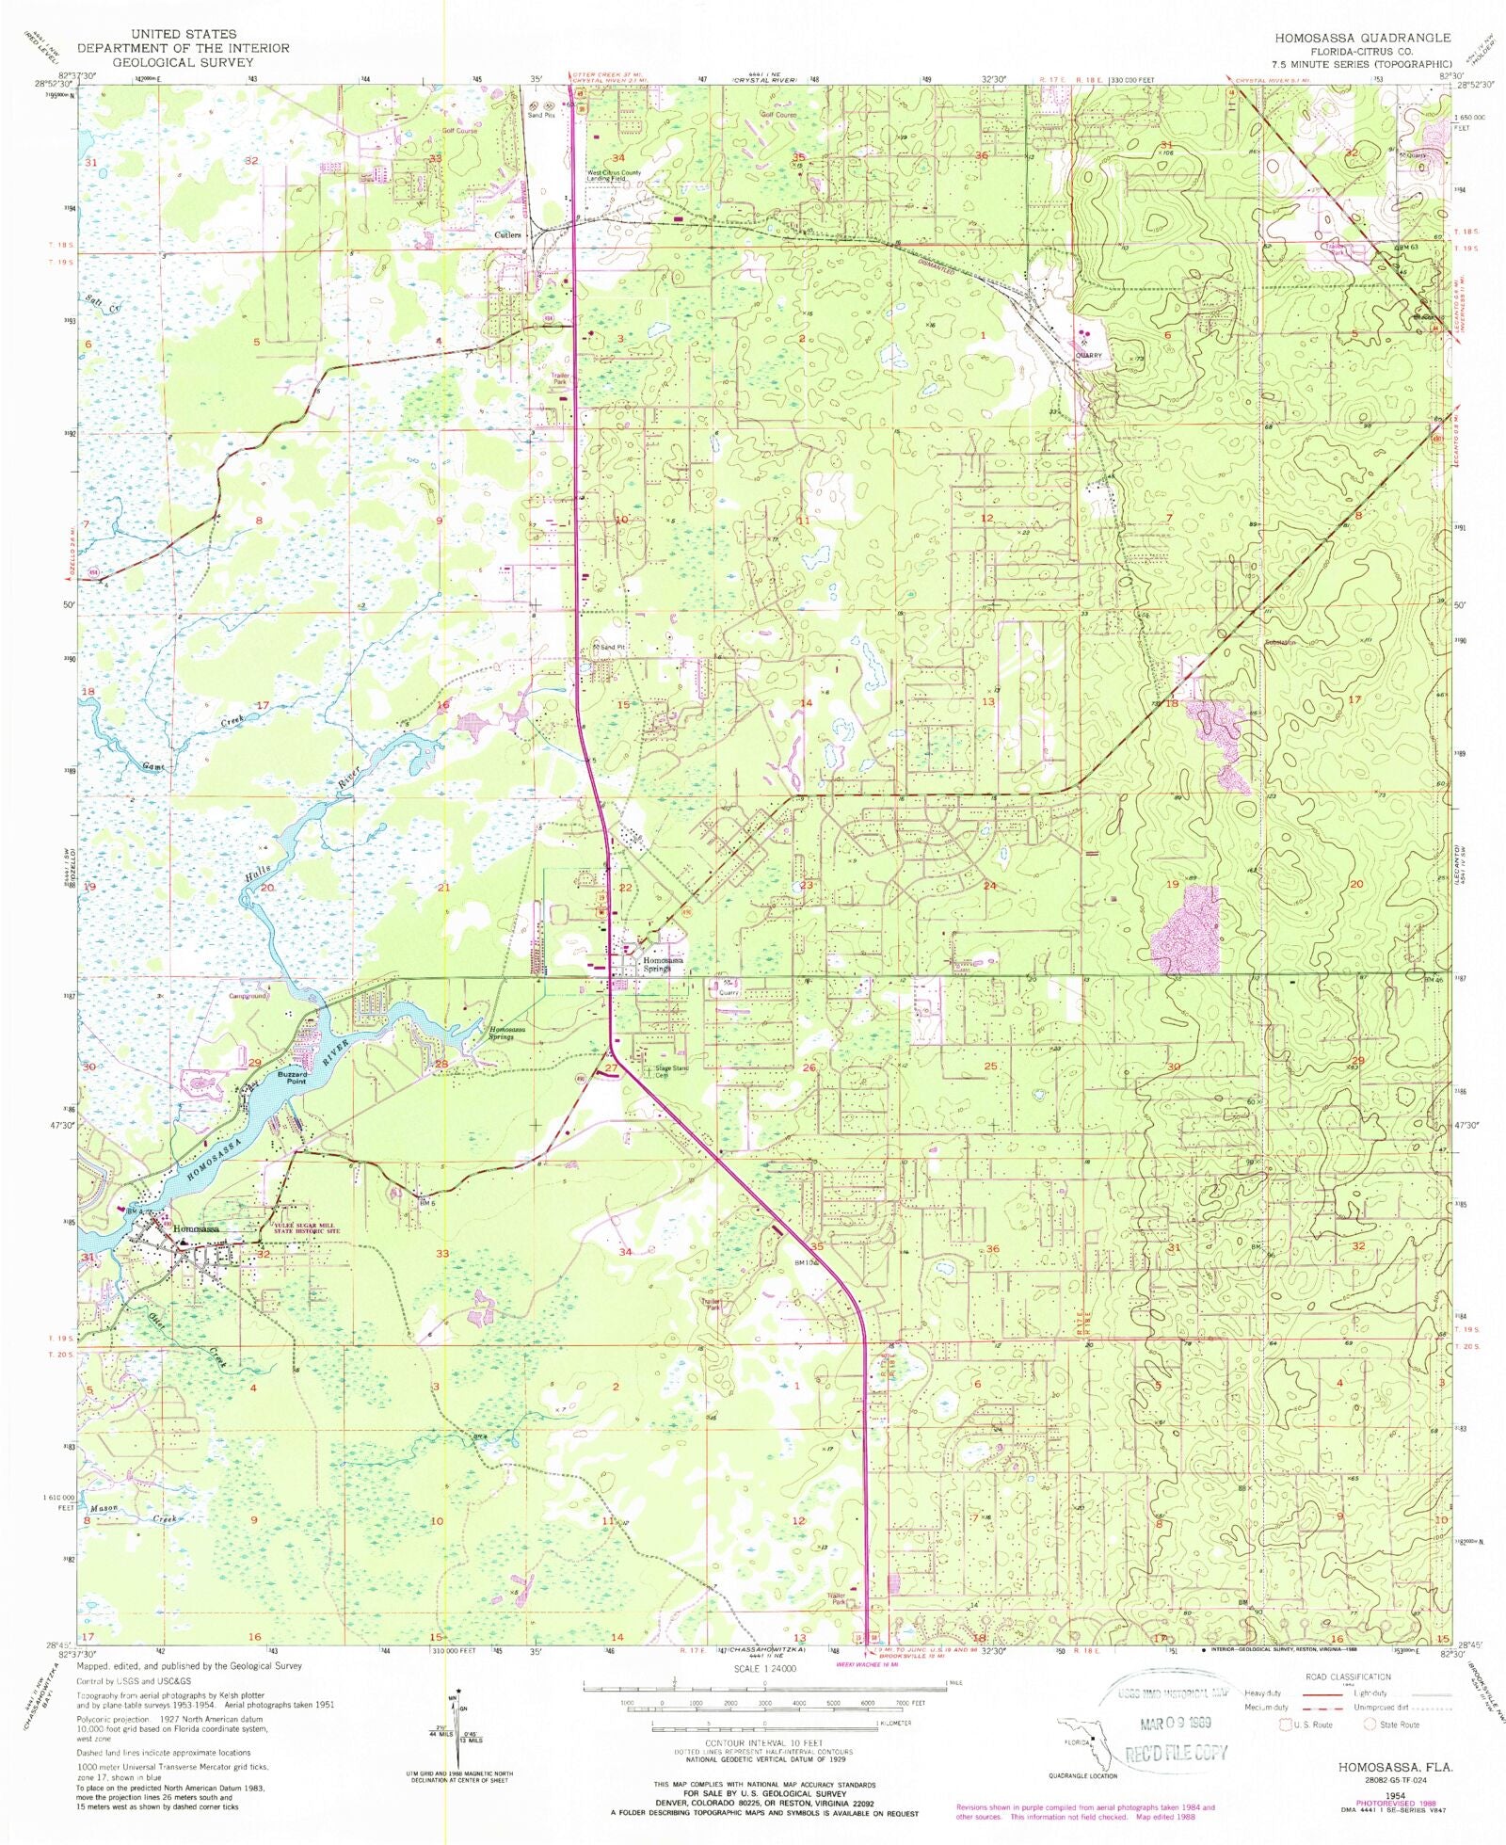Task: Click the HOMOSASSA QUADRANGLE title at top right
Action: (x=1363, y=38)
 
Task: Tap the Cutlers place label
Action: (x=509, y=234)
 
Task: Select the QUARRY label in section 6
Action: (x=1088, y=355)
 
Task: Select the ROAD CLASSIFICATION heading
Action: (x=1347, y=1677)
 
